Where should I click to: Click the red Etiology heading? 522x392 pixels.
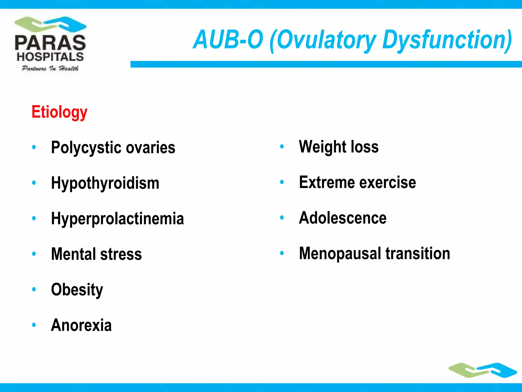[x=59, y=112]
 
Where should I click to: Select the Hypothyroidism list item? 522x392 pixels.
[x=105, y=183]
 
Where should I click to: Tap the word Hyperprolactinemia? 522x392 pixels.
[x=117, y=218]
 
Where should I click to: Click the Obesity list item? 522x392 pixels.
[x=77, y=290]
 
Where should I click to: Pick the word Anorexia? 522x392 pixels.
[x=81, y=325]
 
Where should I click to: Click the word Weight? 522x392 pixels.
[x=322, y=147]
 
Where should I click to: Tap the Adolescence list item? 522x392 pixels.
[x=343, y=218]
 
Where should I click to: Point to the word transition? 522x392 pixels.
[x=418, y=253]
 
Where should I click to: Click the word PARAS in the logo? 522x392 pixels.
[x=50, y=43]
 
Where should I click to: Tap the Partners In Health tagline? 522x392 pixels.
[x=50, y=68]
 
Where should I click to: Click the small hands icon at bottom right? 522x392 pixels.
[x=482, y=370]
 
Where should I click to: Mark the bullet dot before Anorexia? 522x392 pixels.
[x=34, y=325]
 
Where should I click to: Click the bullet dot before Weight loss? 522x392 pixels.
[x=282, y=146]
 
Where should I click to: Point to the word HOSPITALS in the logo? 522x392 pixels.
[x=50, y=57]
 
